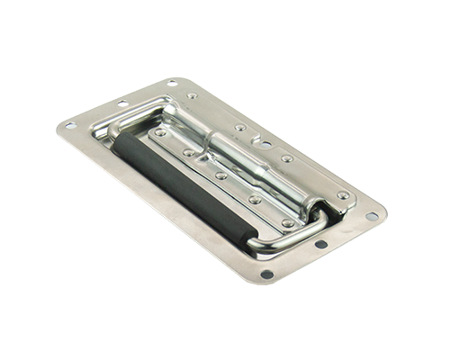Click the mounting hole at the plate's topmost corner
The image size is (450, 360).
pos(171,84)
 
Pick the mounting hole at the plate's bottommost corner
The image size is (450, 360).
pos(267,274)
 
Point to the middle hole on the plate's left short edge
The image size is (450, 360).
pos(121,103)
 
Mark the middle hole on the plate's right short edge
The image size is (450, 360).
pos(321,244)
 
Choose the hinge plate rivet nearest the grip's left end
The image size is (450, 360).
pos(159,132)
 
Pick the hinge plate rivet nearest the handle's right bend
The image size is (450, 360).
pos(286,222)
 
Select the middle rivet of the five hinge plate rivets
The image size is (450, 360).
pos(220,175)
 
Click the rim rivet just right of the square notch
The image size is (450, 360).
pos(286,159)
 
